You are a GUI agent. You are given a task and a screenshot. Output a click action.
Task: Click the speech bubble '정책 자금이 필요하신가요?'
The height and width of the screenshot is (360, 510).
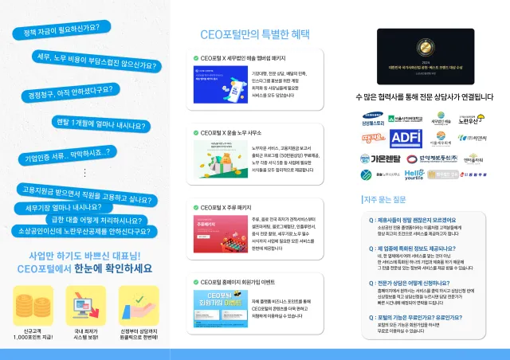(56, 30)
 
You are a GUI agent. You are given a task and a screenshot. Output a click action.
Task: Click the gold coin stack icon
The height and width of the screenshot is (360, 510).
(33, 303)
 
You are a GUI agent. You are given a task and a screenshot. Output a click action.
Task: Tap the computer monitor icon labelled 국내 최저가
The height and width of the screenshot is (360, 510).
(85, 303)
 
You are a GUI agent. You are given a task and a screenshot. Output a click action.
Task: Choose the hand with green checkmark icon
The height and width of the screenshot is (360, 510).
(138, 303)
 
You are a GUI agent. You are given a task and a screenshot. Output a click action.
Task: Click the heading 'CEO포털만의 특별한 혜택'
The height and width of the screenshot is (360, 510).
(256, 35)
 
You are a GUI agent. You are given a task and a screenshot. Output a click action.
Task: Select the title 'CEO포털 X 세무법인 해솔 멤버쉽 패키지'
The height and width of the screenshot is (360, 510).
(243, 58)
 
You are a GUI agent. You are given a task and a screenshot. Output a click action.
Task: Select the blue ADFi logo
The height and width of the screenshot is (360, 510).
(405, 137)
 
